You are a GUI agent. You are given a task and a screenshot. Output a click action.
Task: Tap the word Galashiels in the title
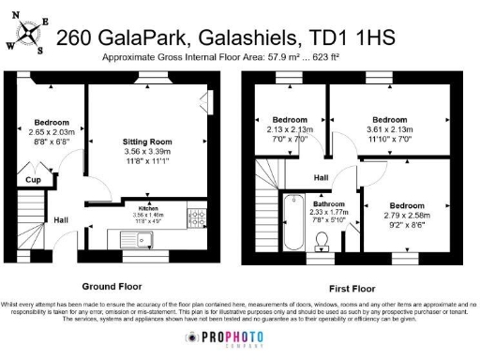pyautogui.click(x=239, y=38)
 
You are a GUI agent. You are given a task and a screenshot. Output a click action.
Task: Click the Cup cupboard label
pyautogui.click(x=32, y=179)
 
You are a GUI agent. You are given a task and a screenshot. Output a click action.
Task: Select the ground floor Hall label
pyautogui.click(x=61, y=220)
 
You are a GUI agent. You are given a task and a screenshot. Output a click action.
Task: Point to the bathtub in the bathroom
pyautogui.click(x=292, y=222)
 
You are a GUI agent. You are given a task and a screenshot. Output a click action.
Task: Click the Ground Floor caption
pyautogui.click(x=112, y=285)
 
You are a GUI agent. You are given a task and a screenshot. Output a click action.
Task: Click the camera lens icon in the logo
pyautogui.click(x=191, y=338)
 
